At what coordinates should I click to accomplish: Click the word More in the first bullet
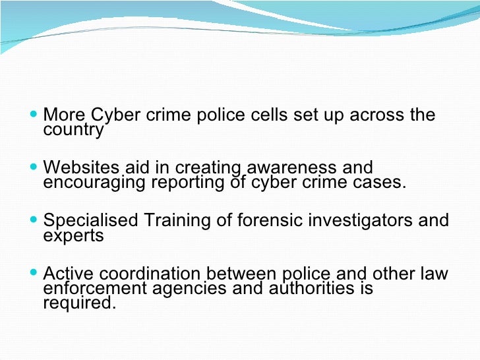(x=64, y=115)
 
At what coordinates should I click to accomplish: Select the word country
(x=73, y=130)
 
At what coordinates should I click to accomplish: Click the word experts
(x=73, y=236)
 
